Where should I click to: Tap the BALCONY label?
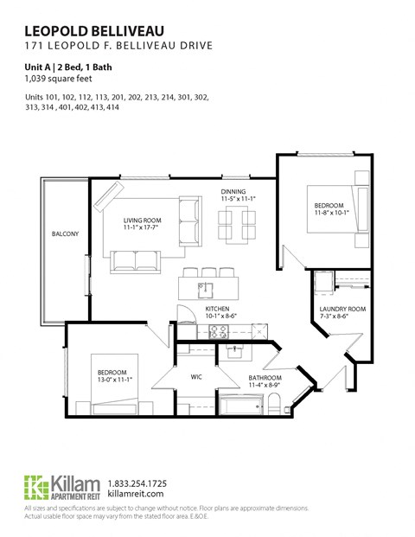(65, 234)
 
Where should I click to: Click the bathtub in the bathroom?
(237, 405)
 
